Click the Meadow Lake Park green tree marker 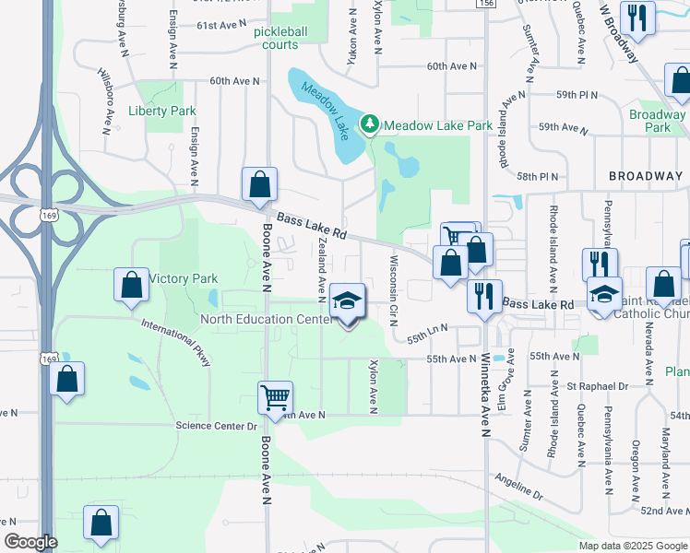(370, 124)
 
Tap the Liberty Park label (162, 111)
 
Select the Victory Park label (183, 278)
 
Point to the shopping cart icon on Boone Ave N (275, 398)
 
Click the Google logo (31, 542)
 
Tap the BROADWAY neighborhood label (645, 176)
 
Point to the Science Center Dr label (216, 426)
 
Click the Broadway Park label (657, 121)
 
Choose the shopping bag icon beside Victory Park (132, 286)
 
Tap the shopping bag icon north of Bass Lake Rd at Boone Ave (260, 184)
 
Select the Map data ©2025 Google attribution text (632, 546)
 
